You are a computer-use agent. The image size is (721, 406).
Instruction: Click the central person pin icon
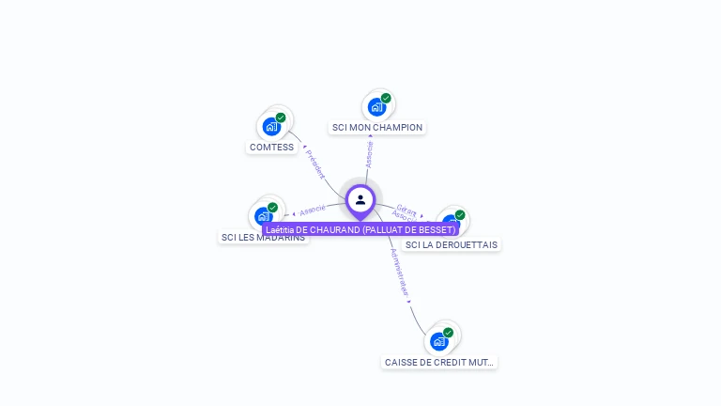click(360, 200)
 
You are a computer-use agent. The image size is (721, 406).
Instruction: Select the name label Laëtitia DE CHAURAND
click(360, 230)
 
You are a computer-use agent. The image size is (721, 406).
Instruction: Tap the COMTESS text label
click(271, 148)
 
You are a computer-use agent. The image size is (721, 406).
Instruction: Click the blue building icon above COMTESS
click(271, 126)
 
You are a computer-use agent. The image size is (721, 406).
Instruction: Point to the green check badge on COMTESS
click(281, 117)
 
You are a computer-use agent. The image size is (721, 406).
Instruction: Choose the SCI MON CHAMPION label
click(377, 128)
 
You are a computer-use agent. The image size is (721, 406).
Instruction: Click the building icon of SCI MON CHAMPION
click(376, 107)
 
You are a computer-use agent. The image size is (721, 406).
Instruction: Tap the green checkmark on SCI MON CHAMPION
click(386, 98)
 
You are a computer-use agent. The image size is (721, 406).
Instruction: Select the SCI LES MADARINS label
click(263, 238)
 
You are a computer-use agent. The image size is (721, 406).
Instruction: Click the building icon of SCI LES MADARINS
click(264, 216)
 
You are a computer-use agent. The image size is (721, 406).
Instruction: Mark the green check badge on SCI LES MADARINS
click(272, 208)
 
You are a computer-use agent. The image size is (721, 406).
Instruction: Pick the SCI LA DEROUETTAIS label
click(451, 245)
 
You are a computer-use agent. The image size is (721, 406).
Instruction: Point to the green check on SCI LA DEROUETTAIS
click(460, 214)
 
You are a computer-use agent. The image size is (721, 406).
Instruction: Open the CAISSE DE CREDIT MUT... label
click(439, 363)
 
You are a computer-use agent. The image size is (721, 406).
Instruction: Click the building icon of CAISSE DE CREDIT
click(438, 341)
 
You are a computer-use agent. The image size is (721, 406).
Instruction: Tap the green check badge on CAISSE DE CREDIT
click(448, 333)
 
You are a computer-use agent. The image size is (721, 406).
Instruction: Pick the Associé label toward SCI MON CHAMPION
click(369, 154)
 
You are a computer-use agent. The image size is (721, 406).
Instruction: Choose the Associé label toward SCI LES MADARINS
click(313, 209)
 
